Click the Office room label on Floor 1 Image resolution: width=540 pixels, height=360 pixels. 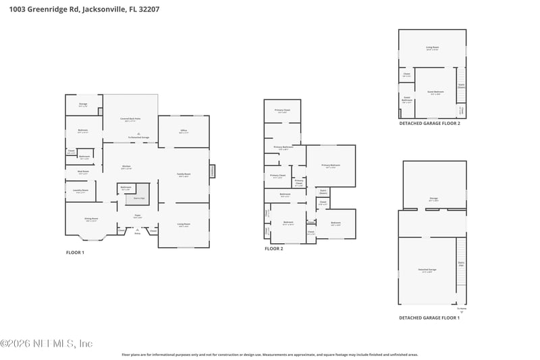click(183, 131)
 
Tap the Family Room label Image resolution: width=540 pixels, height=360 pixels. click(184, 175)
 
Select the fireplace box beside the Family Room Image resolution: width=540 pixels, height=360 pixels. click(213, 171)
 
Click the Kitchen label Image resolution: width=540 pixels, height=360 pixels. click(126, 167)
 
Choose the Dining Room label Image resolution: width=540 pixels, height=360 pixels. click(90, 220)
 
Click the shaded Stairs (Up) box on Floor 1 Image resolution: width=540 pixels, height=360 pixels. click(138, 198)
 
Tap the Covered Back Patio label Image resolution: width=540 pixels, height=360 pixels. click(130, 120)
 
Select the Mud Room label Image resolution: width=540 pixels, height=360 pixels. click(82, 172)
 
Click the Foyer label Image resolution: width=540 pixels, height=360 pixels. click(137, 217)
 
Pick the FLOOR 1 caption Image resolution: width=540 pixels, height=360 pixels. click(75, 252)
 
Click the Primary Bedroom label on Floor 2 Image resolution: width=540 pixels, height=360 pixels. click(330, 165)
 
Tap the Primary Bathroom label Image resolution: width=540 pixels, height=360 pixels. click(283, 147)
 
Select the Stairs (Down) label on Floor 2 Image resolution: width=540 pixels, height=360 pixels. click(323, 191)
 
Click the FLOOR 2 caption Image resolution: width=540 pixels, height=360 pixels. click(273, 249)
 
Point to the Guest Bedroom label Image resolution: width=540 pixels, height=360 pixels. click(435, 92)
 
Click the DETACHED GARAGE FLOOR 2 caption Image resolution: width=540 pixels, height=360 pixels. click(429, 124)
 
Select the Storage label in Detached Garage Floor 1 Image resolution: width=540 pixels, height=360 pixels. click(433, 199)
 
